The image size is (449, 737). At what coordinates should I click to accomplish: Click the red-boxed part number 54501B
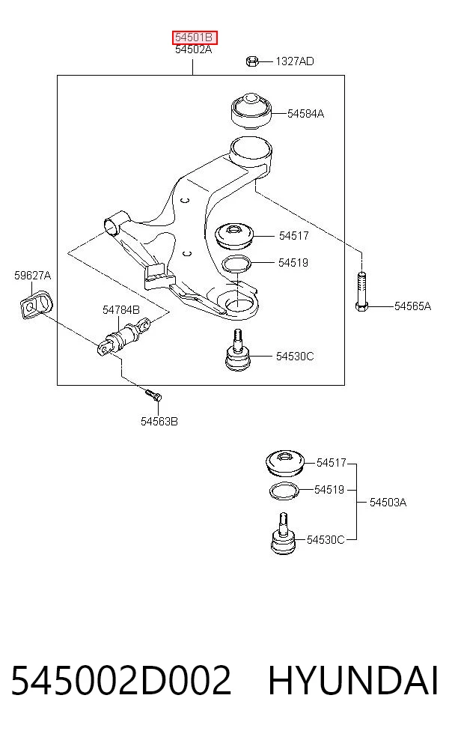tap(195, 37)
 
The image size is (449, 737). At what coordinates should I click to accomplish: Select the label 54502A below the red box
tap(194, 49)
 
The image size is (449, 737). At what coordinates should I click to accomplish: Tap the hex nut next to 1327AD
tap(251, 61)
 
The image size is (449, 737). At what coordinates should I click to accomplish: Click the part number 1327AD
tap(295, 61)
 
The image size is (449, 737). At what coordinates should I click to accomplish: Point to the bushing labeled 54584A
tap(251, 110)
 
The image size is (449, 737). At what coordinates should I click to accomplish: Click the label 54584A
tap(306, 114)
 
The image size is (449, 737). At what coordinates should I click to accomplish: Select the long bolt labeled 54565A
tap(361, 291)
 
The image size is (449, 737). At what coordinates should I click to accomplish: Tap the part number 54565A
tap(412, 306)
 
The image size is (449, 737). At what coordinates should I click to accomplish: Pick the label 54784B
tap(121, 310)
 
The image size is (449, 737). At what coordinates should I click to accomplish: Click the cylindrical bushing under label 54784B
tap(125, 337)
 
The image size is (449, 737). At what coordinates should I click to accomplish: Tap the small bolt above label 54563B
tap(153, 395)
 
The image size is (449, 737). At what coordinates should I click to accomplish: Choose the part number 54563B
tap(159, 422)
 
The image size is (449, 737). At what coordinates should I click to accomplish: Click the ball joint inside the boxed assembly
tap(238, 351)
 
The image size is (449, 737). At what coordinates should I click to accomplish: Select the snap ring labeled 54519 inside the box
tap(236, 263)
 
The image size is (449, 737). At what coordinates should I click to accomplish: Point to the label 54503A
tap(388, 503)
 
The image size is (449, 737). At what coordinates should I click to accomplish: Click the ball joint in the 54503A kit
tap(283, 533)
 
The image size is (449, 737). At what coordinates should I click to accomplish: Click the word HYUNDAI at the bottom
tap(353, 680)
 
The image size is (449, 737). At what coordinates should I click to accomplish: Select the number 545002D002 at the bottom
tap(121, 680)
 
